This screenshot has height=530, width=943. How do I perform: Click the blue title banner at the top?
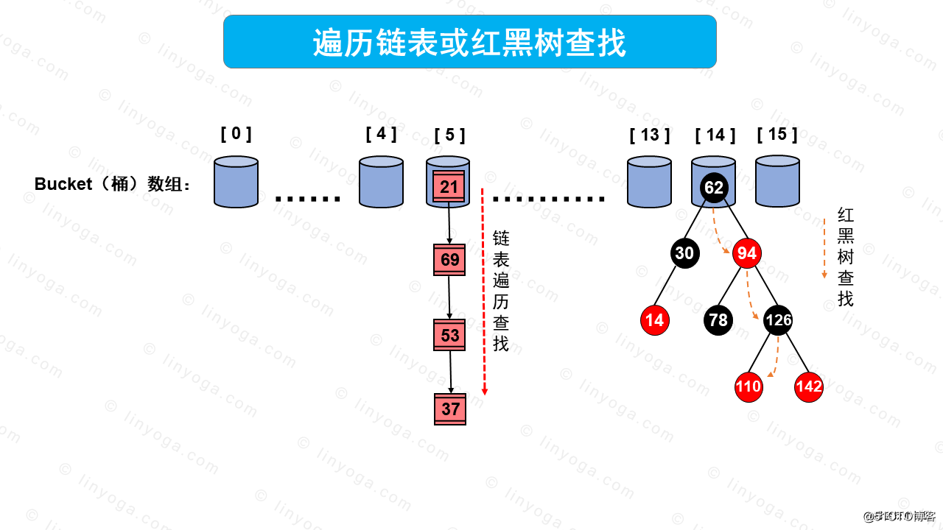tap(469, 42)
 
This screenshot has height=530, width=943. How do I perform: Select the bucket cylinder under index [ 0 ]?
tap(236, 182)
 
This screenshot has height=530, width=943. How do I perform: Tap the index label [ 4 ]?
tap(381, 134)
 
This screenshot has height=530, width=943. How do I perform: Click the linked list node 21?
tap(449, 187)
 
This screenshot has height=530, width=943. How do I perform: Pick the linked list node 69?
tap(449, 260)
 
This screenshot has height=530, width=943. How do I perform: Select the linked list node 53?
tap(449, 336)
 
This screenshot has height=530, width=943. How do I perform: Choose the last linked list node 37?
tap(450, 409)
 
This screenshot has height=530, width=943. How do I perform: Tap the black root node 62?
tap(713, 188)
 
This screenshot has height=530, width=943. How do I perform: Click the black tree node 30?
tap(684, 253)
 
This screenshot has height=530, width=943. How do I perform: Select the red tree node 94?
tap(746, 253)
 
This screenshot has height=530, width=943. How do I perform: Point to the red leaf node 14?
tap(654, 320)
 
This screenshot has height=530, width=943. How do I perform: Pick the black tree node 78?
tap(718, 320)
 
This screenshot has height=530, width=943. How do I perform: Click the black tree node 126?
tap(778, 320)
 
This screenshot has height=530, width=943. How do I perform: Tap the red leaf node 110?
tap(748, 387)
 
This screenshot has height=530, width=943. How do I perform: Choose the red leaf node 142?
tap(808, 387)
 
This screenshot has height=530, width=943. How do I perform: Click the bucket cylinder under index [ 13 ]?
tap(649, 182)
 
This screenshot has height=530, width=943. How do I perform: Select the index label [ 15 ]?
tap(777, 134)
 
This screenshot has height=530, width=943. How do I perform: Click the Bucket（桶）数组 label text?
tap(112, 184)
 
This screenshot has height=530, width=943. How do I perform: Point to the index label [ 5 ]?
tap(449, 135)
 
